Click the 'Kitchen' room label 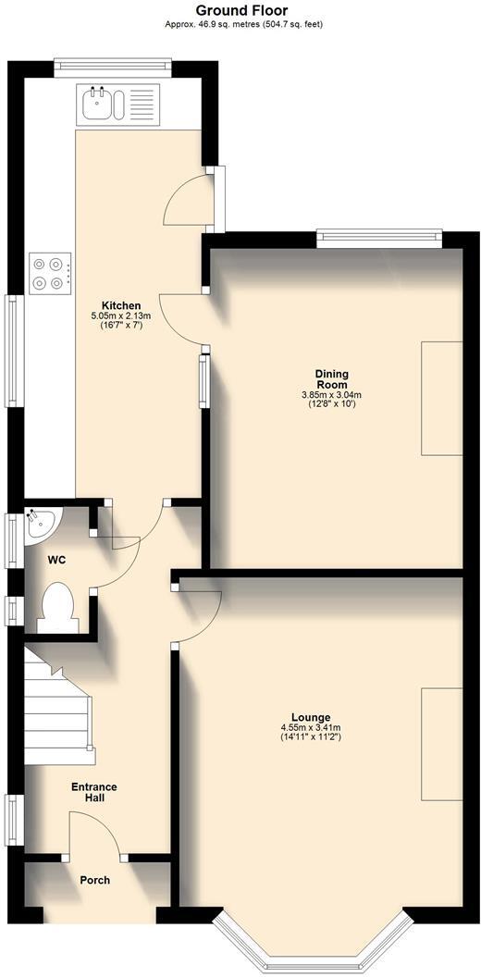coord(121,305)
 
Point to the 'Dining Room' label coord(331,379)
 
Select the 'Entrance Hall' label coord(94,792)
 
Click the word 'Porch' coord(94,880)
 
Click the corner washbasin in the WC coord(40,524)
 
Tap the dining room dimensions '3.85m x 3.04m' coord(331,395)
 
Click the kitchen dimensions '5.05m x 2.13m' coord(121,315)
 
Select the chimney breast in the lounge coord(442,744)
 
